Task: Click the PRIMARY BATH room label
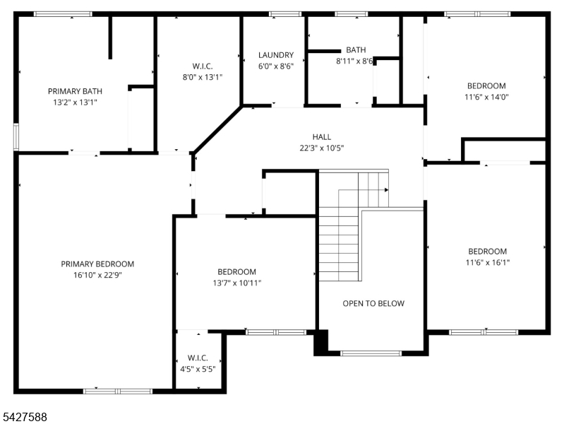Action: [75, 91]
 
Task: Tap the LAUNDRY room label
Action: [276, 55]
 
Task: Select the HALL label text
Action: [322, 137]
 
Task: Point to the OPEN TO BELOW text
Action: [373, 303]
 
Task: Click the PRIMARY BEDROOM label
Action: [97, 264]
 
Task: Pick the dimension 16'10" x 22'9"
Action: [97, 275]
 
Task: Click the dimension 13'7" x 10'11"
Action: [237, 283]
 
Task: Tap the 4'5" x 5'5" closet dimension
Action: [198, 370]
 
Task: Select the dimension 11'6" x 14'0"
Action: [486, 97]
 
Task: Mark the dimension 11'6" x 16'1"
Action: [487, 262]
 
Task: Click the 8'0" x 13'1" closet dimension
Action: [203, 77]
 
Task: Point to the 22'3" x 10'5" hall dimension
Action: [322, 148]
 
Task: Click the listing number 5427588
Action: [25, 417]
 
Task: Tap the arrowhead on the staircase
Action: [386, 190]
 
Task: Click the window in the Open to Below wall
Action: [371, 353]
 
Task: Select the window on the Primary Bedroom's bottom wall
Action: [118, 391]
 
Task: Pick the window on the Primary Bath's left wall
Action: [16, 137]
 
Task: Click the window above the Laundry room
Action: [285, 14]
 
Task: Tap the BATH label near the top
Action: [356, 49]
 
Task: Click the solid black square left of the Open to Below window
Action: [321, 342]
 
